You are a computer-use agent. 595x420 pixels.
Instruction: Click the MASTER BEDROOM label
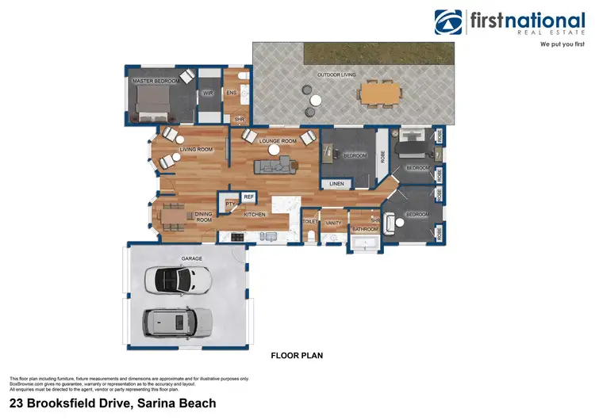pyautogui.click(x=154, y=81)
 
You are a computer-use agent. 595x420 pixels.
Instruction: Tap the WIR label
pyautogui.click(x=208, y=93)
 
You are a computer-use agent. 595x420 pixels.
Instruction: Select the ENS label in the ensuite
pyautogui.click(x=232, y=93)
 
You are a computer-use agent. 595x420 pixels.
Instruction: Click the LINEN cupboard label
pyautogui.click(x=336, y=185)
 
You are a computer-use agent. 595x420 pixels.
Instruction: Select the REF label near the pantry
pyautogui.click(x=248, y=197)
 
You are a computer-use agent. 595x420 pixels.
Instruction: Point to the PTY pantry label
pyautogui.click(x=230, y=204)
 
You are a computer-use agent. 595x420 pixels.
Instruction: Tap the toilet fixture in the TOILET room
pyautogui.click(x=311, y=235)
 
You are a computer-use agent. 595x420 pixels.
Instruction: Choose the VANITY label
pyautogui.click(x=334, y=223)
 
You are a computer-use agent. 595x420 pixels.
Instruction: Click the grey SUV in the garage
pyautogui.click(x=178, y=321)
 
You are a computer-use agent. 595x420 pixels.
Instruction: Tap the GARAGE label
pyautogui.click(x=192, y=258)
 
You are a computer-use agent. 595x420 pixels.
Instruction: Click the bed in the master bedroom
pyautogui.click(x=152, y=103)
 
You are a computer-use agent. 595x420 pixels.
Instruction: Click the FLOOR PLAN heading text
pyautogui.click(x=297, y=356)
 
